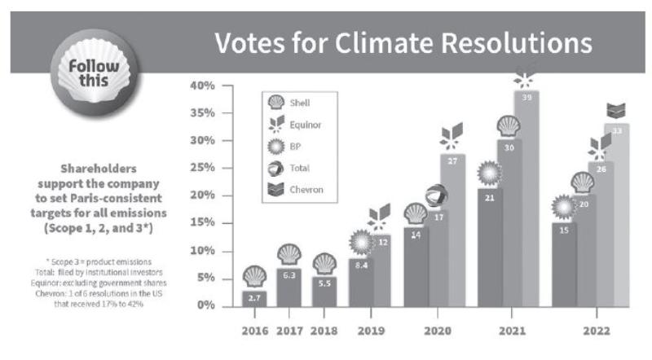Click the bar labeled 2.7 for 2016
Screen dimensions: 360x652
pyautogui.click(x=254, y=298)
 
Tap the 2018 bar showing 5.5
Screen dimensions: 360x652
pyautogui.click(x=324, y=290)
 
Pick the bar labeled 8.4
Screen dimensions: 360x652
pyautogui.click(x=360, y=282)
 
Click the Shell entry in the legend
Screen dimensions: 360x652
pyautogui.click(x=294, y=103)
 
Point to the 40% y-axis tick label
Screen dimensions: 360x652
pyautogui.click(x=201, y=85)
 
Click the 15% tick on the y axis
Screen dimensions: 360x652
pyautogui.click(x=201, y=222)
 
